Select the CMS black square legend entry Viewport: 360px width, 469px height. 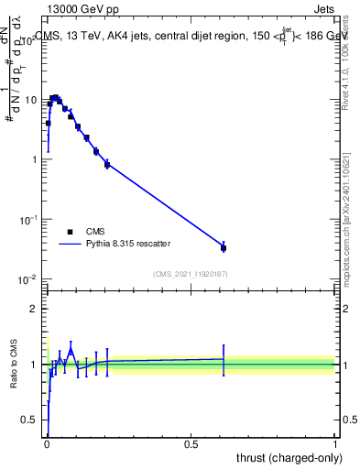[70, 232]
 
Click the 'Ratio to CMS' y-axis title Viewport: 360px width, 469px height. [13, 365]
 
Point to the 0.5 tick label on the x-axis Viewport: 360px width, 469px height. [191, 443]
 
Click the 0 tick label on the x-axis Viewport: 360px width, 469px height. [47, 443]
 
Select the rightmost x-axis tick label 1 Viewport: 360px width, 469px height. [335, 443]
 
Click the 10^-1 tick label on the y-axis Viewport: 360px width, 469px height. [30, 220]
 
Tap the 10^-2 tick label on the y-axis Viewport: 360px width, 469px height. [30, 279]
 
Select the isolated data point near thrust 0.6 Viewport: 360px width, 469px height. [224, 247]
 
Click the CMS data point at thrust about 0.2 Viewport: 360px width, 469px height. [107, 164]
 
